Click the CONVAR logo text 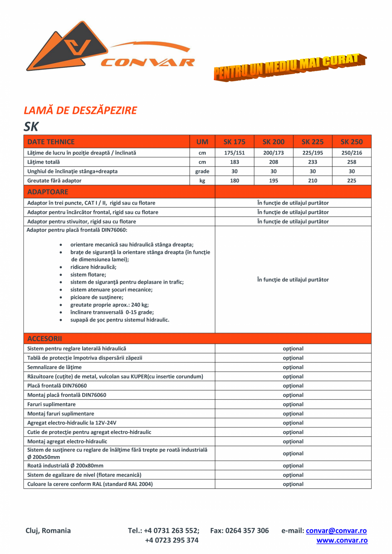tap(147, 63)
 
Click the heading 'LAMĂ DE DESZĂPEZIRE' tap(80, 110)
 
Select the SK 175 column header tap(234, 142)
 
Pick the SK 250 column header tap(352, 142)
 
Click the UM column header tap(202, 142)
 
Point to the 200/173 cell tap(274, 153)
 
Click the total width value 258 tap(352, 162)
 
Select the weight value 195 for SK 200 tap(274, 181)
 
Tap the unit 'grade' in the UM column tap(202, 171)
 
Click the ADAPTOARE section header tap(47, 192)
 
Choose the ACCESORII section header tap(45, 339)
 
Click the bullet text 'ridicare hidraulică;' tap(93, 267)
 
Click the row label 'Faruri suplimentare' tap(52, 404)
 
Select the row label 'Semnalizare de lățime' tap(55, 367)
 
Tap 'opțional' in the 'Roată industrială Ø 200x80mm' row tap(293, 466)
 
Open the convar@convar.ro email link tap(336, 531)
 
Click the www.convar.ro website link tap(342, 540)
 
